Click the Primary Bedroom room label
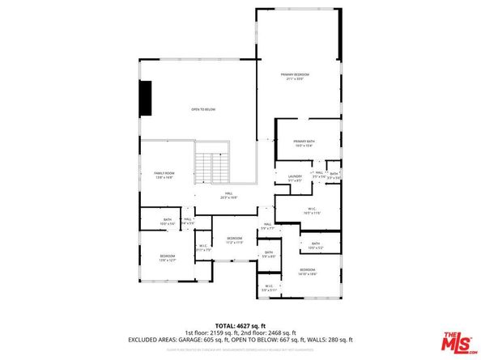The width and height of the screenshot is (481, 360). coord(296,75)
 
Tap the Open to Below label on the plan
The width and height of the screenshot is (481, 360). coord(203,109)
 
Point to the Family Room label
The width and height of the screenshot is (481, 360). coord(164,173)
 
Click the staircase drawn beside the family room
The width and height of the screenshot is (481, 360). coord(213,167)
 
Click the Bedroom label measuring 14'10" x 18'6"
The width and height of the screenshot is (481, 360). coord(308,270)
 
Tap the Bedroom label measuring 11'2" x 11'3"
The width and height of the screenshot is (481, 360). coord(235,239)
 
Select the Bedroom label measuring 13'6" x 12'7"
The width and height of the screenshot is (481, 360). coord(168,257)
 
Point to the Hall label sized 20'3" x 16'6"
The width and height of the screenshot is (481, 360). coord(229,194)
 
